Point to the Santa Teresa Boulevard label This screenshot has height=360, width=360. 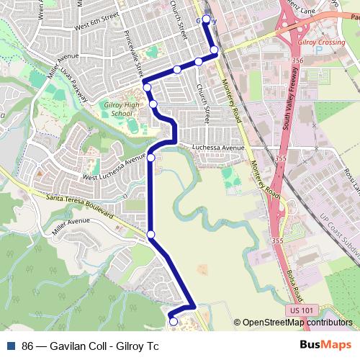pyautogui.click(x=79, y=206)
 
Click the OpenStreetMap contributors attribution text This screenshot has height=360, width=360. pyautogui.click(x=297, y=323)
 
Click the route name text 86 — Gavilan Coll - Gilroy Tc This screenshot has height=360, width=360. pyautogui.click(x=91, y=346)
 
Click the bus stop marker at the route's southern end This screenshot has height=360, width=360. pyautogui.click(x=172, y=321)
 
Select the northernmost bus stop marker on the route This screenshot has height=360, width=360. pyautogui.click(x=207, y=19)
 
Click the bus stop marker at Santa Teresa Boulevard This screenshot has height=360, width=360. pyautogui.click(x=151, y=234)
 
